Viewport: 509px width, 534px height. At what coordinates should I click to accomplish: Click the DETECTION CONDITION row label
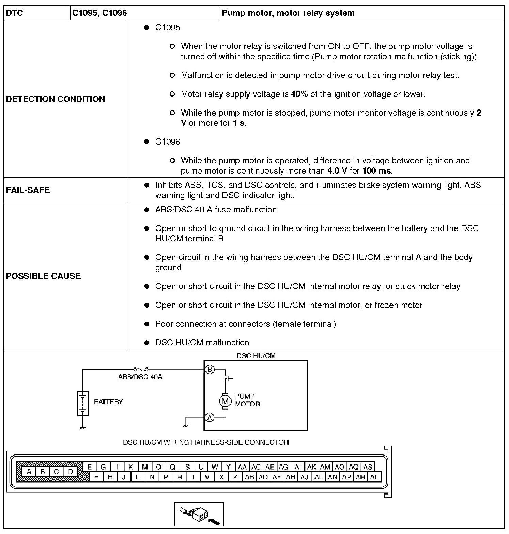(56, 99)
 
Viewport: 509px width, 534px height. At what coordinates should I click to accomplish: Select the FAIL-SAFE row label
(28, 190)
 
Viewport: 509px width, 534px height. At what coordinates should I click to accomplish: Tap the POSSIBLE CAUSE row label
(43, 276)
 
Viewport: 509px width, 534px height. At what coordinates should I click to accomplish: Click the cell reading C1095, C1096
(99, 13)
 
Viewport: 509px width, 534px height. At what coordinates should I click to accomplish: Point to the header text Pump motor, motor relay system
(288, 13)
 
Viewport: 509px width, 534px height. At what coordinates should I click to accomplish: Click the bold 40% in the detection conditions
(299, 94)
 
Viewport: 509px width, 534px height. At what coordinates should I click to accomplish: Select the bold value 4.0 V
(337, 171)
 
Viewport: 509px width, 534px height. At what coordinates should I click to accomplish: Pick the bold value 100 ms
(377, 171)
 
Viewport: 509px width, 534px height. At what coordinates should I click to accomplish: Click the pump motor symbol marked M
(225, 401)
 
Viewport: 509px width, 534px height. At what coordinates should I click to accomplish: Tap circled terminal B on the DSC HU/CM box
(210, 369)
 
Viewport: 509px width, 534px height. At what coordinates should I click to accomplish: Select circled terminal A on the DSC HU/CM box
(210, 417)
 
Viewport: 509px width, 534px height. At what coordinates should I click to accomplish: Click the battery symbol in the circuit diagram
(82, 403)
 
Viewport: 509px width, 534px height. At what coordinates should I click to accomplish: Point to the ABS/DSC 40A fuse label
(140, 377)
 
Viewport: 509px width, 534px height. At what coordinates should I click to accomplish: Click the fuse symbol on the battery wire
(141, 369)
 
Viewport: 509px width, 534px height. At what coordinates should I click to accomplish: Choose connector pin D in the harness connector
(70, 472)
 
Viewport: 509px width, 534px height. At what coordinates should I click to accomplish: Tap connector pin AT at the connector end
(374, 477)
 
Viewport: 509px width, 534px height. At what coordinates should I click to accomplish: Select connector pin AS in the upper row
(367, 467)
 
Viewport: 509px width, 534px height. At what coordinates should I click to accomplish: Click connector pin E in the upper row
(89, 467)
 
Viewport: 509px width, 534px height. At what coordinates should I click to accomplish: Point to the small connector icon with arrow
(199, 514)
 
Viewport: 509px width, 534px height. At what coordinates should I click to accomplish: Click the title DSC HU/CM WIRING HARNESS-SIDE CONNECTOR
(206, 442)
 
